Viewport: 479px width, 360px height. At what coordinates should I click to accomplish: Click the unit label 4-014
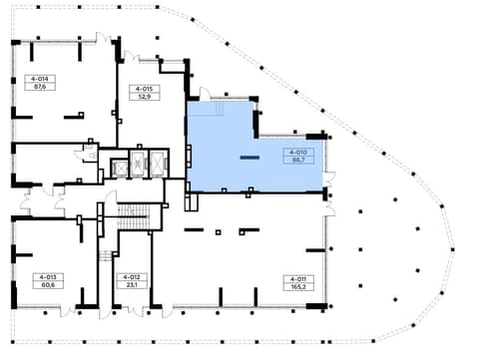click(x=40, y=79)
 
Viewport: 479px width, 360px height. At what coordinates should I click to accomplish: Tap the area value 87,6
click(x=40, y=87)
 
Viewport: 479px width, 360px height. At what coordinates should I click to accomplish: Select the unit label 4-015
click(x=144, y=89)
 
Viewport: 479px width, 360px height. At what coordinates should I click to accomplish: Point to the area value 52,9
click(x=144, y=97)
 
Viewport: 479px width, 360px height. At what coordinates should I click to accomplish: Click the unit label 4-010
click(x=298, y=153)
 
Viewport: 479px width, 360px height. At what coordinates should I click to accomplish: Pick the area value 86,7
click(x=298, y=160)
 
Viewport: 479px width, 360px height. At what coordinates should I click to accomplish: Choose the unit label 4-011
click(x=298, y=279)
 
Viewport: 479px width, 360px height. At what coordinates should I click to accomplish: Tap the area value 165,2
click(x=298, y=287)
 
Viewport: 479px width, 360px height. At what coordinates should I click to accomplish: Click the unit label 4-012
click(x=132, y=277)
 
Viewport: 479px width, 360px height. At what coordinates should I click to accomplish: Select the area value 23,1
click(x=132, y=285)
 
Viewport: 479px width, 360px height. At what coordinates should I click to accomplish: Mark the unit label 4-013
click(x=48, y=277)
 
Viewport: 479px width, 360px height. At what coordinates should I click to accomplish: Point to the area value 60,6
click(x=48, y=285)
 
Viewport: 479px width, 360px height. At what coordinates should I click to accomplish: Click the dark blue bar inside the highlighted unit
click(x=249, y=158)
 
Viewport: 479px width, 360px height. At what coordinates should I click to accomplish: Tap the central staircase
click(x=133, y=216)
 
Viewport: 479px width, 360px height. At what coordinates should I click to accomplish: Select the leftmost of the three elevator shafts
click(x=120, y=169)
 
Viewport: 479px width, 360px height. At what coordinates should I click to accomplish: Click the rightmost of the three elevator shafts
click(x=159, y=164)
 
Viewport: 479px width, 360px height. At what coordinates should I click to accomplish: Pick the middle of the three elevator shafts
click(x=139, y=164)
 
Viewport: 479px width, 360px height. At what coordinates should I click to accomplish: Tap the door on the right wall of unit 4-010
click(x=329, y=180)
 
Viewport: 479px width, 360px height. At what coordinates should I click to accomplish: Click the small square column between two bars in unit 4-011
click(x=219, y=232)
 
